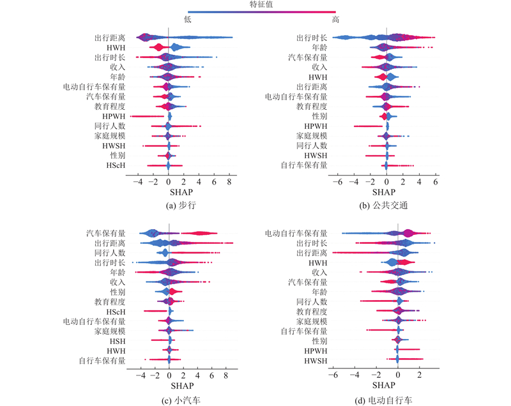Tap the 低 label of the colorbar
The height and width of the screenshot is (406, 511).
[188, 20]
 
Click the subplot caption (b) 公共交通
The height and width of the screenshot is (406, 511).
[383, 206]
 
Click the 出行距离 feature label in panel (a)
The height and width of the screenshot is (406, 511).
[110, 38]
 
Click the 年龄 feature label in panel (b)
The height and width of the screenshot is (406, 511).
[319, 47]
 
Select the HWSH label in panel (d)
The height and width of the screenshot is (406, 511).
[316, 361]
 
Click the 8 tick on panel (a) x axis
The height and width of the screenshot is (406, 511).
[228, 181]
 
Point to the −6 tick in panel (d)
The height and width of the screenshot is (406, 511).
[333, 375]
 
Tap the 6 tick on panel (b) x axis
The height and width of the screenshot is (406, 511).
[435, 181]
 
